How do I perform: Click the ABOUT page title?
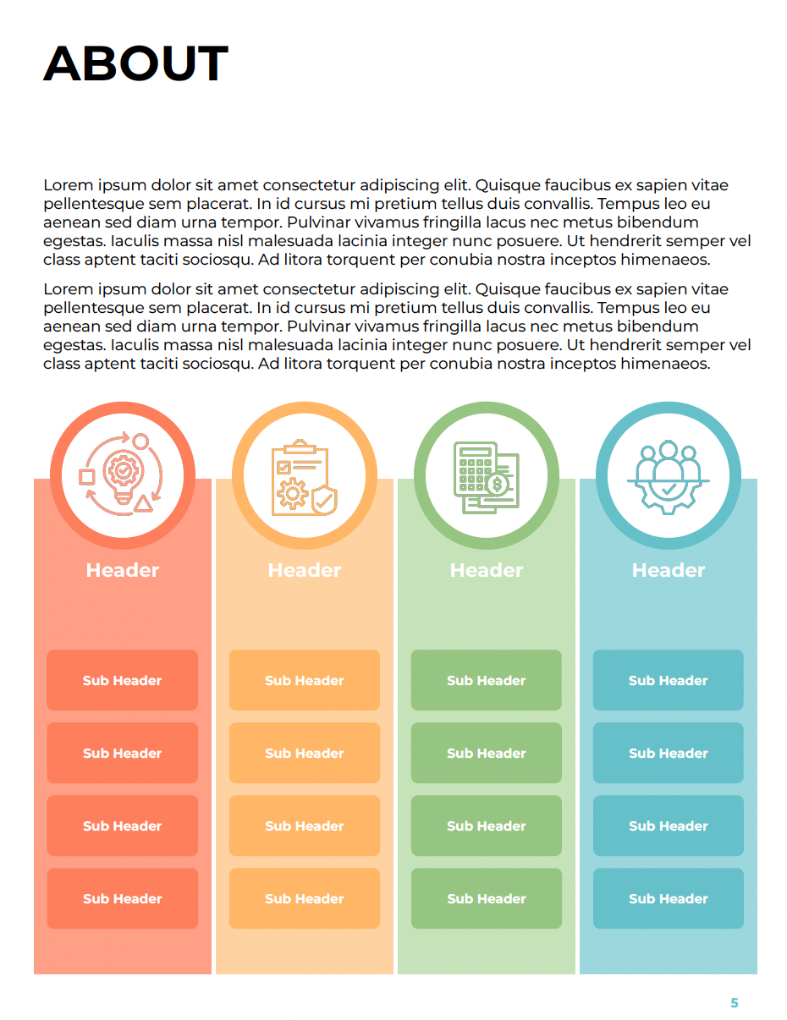click(135, 63)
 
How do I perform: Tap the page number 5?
click(734, 1003)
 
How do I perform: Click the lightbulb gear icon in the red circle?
click(123, 474)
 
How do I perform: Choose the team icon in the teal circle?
click(668, 476)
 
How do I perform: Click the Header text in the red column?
click(123, 570)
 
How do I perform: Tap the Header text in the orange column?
click(305, 570)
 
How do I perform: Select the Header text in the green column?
click(487, 570)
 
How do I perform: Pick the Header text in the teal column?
click(669, 570)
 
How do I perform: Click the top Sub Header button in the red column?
click(123, 680)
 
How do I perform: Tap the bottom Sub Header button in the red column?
click(123, 898)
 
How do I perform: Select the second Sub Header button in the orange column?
click(305, 753)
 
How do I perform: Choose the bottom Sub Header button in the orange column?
click(305, 898)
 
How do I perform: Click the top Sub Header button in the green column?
click(487, 680)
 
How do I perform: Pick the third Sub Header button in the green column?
click(487, 825)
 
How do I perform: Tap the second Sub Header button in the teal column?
click(669, 753)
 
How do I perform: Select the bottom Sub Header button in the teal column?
click(669, 898)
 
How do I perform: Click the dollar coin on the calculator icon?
click(497, 485)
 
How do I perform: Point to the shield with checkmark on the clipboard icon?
click(323, 500)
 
